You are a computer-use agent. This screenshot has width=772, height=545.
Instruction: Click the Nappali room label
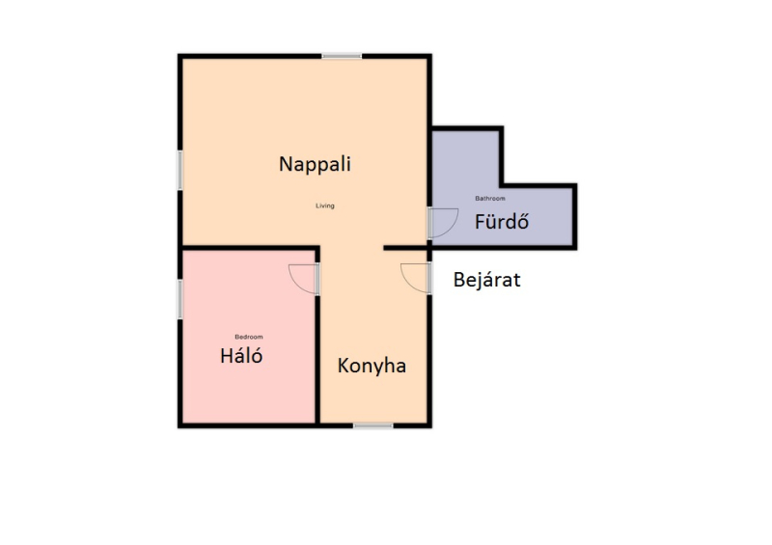(315, 164)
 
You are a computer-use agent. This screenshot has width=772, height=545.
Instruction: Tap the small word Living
(325, 205)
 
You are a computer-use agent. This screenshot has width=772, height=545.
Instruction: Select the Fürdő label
(502, 221)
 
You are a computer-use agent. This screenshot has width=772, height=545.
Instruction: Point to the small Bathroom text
(490, 199)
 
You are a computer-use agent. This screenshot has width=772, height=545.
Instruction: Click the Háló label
(241, 355)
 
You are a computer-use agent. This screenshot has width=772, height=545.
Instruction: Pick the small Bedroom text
(249, 337)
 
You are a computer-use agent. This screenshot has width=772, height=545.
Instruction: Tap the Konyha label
(372, 367)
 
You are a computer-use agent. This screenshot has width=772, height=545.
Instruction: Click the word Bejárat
(487, 280)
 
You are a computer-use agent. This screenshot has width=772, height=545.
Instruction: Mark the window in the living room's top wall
(342, 57)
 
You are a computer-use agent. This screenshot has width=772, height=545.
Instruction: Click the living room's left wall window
(180, 171)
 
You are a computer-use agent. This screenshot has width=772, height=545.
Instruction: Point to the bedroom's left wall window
(180, 299)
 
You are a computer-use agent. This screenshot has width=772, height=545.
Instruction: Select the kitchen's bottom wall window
(373, 425)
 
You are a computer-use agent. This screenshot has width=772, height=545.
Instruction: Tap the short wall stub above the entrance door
(405, 248)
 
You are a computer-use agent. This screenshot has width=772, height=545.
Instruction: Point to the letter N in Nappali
(286, 164)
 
